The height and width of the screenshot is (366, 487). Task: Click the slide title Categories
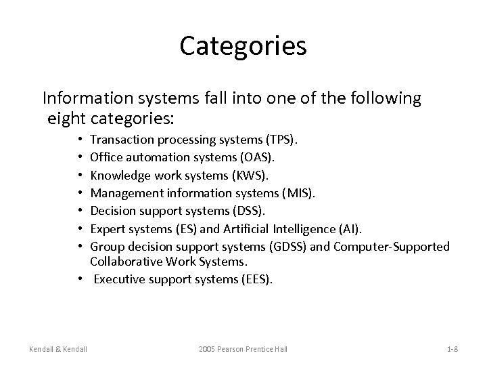[x=243, y=46]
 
